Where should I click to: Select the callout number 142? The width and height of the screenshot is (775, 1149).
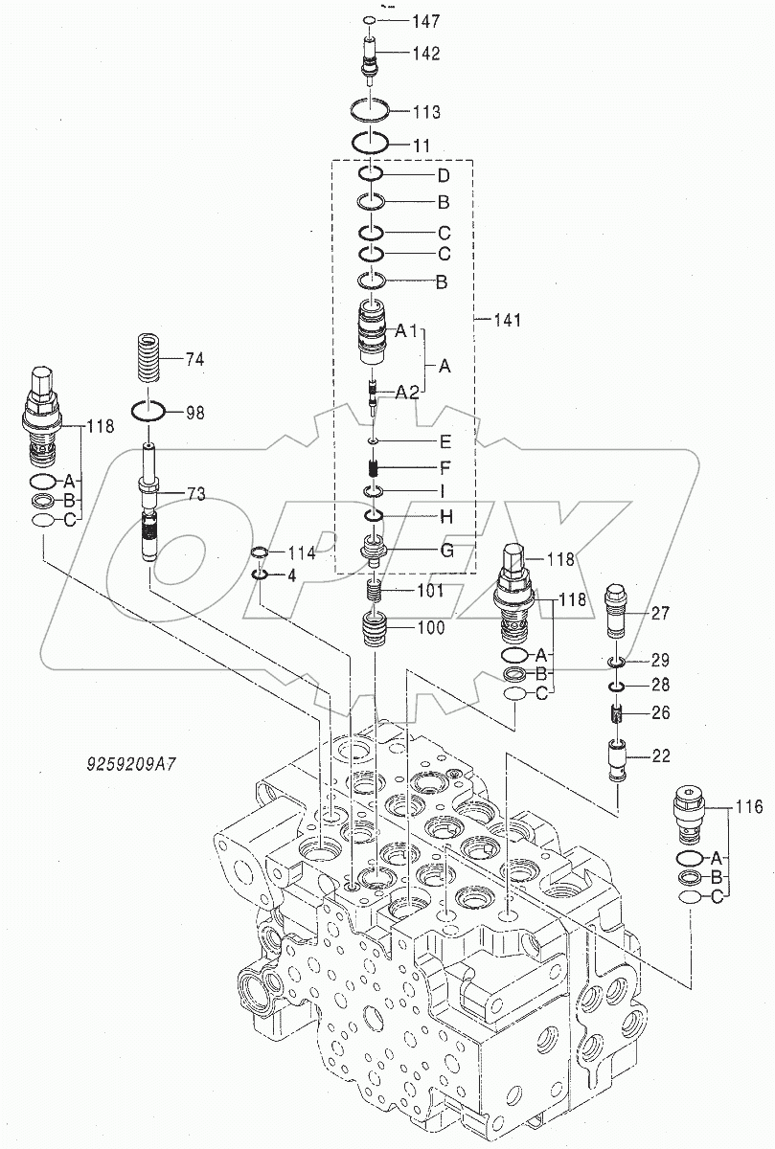pyautogui.click(x=426, y=54)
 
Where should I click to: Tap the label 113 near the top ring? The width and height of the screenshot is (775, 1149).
pyautogui.click(x=426, y=112)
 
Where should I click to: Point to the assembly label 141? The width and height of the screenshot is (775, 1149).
pyautogui.click(x=507, y=320)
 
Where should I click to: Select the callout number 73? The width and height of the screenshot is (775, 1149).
pyautogui.click(x=195, y=494)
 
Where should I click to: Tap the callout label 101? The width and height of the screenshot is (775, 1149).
pyautogui.click(x=430, y=591)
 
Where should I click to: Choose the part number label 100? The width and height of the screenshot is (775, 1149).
pyautogui.click(x=430, y=629)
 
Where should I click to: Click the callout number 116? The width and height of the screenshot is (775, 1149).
pyautogui.click(x=749, y=808)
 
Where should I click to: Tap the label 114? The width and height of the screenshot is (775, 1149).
pyautogui.click(x=302, y=552)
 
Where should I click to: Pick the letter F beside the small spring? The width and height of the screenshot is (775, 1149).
pyautogui.click(x=444, y=469)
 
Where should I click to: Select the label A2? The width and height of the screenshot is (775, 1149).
pyautogui.click(x=407, y=391)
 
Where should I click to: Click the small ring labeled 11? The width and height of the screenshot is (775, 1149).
pyautogui.click(x=370, y=144)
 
